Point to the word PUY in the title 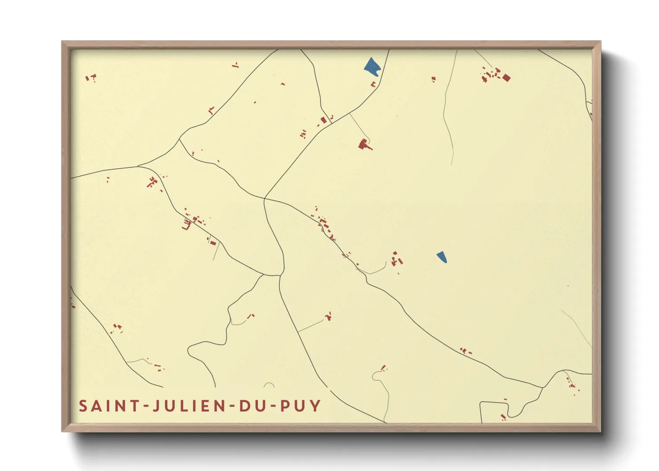coord(301,406)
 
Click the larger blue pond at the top coord(372,66)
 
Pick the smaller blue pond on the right coord(442,257)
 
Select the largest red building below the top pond coord(364,144)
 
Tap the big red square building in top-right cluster coord(506,78)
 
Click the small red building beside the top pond coord(374,84)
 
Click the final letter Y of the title coord(316,406)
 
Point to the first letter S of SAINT coord(83,406)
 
